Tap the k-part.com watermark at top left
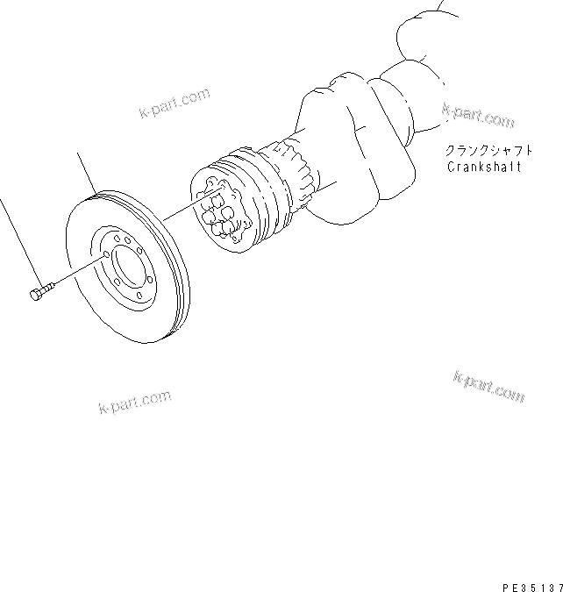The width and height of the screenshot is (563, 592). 175,103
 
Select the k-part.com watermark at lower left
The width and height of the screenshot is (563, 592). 134,403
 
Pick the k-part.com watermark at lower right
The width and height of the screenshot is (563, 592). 489,386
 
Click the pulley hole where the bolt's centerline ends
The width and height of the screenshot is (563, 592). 105,256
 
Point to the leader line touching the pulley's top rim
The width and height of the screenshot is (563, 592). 87,173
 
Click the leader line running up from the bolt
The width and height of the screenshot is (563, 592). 18,240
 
